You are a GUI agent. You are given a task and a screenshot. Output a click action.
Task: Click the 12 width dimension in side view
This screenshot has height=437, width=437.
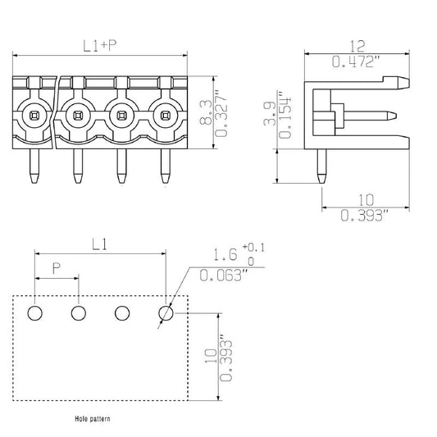[355, 47]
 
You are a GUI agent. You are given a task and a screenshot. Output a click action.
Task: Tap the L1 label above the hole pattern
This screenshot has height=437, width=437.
[100, 244]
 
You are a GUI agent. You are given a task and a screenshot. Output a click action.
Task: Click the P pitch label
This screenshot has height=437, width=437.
[56, 268]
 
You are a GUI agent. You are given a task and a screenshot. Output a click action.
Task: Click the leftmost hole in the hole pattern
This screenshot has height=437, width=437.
[35, 313]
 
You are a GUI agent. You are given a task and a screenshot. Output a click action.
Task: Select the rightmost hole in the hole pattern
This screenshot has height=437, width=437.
[166, 313]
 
